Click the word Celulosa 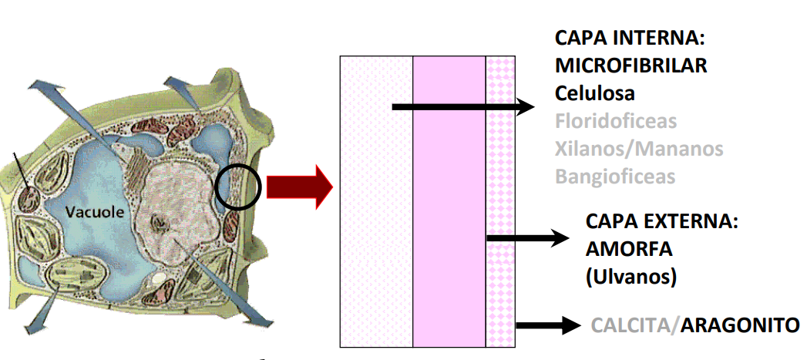(x=594, y=93)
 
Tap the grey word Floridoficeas (x=615, y=121)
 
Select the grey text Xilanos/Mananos (x=639, y=148)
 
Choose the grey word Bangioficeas (x=614, y=176)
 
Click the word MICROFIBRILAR (x=630, y=66)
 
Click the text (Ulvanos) (x=631, y=276)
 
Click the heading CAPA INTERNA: (x=630, y=38)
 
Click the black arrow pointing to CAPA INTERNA (x=462, y=107)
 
